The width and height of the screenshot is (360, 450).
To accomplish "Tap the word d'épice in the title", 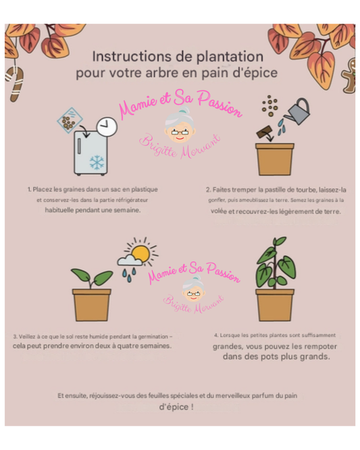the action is pos(255,73).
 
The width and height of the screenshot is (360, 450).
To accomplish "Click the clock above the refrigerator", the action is pos(107,126).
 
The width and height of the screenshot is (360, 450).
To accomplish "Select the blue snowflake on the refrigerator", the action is pos(97,162).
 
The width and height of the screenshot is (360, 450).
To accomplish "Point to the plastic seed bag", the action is pos(70,119).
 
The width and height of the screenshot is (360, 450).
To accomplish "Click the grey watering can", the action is pos(297,112).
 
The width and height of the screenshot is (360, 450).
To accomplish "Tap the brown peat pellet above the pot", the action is pos(265,132).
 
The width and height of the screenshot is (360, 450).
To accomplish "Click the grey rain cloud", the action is pos(130,261).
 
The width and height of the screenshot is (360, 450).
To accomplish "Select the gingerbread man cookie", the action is pos(349,75).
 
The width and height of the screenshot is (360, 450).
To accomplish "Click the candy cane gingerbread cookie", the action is pos(15,84).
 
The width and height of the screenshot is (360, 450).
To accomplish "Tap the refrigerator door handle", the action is pos(79,146).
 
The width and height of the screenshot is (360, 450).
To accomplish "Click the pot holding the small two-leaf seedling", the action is pos(91,305).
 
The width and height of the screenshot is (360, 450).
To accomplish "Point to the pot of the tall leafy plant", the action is pos(275,305).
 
